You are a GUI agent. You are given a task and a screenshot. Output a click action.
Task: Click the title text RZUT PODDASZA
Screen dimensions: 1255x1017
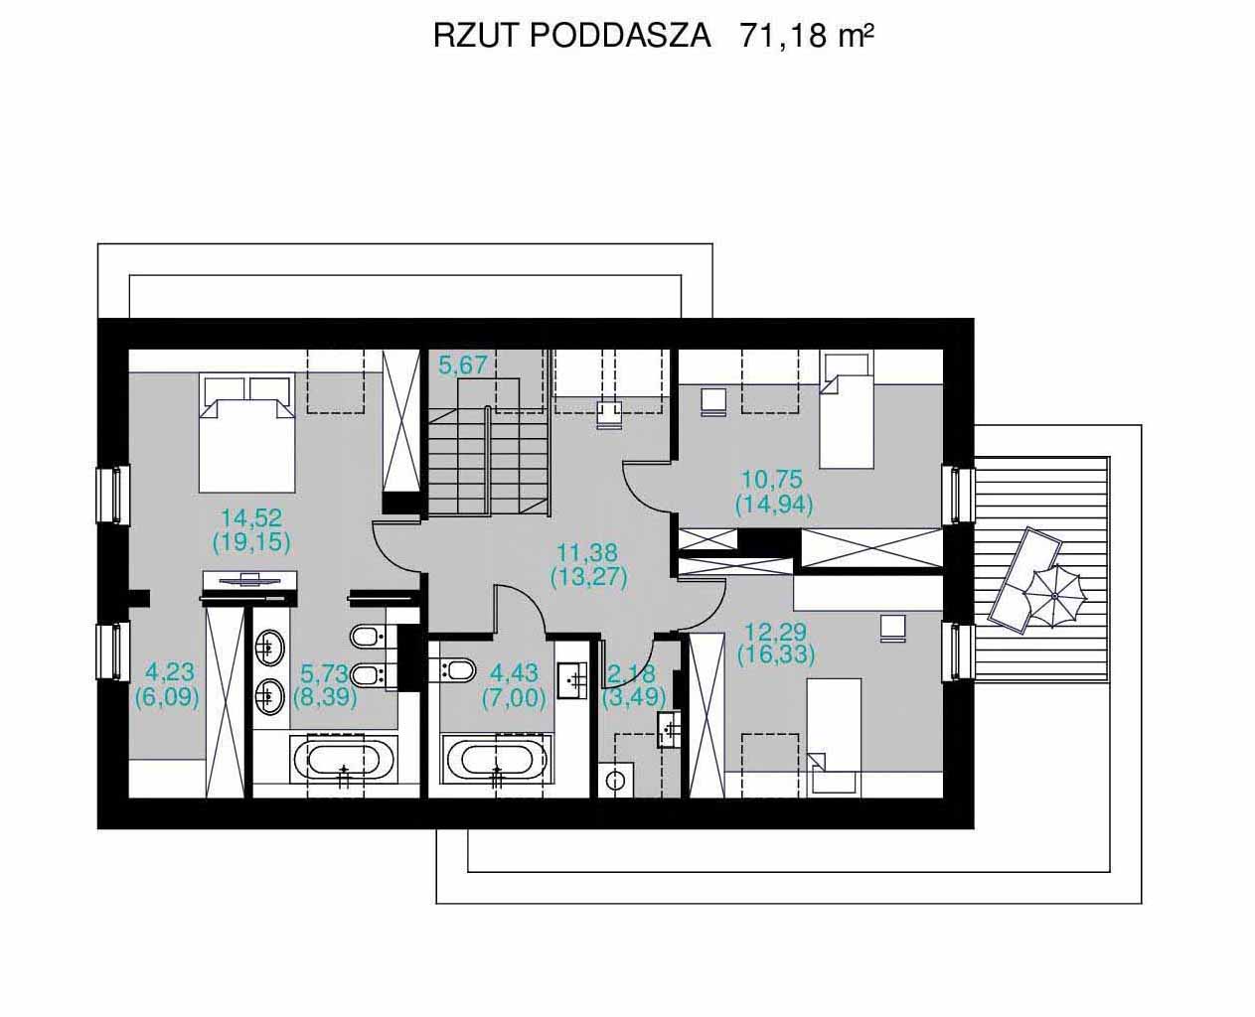(x=572, y=36)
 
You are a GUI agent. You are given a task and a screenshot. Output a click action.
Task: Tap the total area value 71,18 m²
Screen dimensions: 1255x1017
(x=807, y=36)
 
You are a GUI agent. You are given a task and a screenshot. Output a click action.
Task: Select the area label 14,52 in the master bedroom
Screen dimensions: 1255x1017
(x=251, y=518)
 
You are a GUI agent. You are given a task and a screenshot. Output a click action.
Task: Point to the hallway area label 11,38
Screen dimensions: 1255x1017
(x=588, y=553)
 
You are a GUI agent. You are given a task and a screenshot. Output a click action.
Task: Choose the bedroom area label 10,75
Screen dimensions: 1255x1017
(x=772, y=480)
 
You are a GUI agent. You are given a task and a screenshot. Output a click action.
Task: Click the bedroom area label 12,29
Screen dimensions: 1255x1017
(x=775, y=633)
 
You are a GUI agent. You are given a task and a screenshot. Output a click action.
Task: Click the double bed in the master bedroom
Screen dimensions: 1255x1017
(x=246, y=432)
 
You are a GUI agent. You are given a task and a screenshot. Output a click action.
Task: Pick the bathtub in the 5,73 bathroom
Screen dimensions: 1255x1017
(x=344, y=759)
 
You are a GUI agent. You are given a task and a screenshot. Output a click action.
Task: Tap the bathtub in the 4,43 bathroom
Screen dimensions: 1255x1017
(x=498, y=759)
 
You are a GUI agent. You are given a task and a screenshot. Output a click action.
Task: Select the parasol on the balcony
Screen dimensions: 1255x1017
(x=1053, y=597)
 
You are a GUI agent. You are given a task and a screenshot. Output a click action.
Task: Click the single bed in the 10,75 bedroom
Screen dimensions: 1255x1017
(x=847, y=411)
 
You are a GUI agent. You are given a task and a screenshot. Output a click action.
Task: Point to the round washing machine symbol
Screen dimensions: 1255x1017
(x=616, y=781)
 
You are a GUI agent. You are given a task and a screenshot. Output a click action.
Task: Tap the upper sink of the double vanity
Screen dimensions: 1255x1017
(x=270, y=648)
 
